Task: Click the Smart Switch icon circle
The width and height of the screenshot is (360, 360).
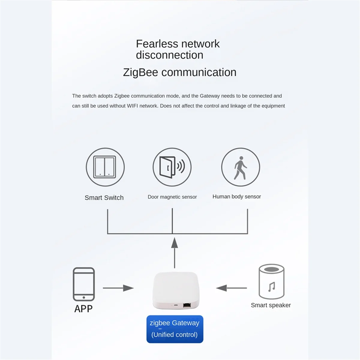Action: point(105,167)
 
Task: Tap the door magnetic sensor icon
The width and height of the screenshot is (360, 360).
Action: point(172,167)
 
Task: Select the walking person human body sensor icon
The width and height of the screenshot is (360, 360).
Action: point(241,167)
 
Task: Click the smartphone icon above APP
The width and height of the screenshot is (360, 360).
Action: point(84,284)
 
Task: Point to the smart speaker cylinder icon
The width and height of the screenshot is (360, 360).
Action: point(271,282)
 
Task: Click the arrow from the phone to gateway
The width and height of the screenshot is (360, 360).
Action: point(118,288)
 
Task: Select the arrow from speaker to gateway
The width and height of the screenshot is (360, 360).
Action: point(231,288)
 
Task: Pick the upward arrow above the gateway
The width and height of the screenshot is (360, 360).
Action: point(174,252)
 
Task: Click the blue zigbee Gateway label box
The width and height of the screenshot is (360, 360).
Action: point(175,329)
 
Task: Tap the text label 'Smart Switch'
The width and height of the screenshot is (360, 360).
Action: point(104,197)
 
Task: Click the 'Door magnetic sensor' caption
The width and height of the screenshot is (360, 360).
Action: point(172,197)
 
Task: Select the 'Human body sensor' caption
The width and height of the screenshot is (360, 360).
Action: point(237,196)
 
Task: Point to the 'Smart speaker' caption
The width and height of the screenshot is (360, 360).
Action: point(271,305)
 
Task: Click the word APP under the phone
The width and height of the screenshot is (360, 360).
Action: point(83,308)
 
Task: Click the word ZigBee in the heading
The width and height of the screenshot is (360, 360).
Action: point(140,72)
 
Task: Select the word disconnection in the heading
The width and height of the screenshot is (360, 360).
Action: point(169,55)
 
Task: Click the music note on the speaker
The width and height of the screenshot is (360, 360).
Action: point(271,287)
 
